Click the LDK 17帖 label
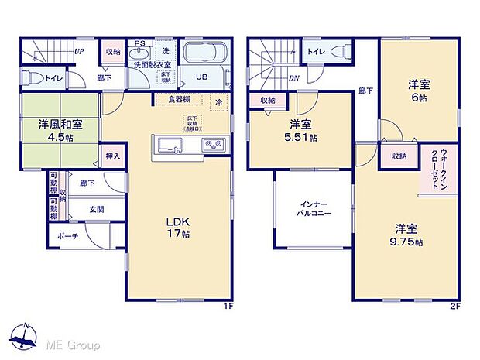(x=176, y=225)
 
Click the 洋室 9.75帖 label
(x=408, y=235)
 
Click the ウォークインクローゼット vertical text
(x=431, y=168)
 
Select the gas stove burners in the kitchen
(x=212, y=146)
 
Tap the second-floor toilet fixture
(x=339, y=51)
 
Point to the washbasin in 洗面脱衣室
(x=139, y=52)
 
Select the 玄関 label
(x=95, y=209)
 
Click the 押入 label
(x=113, y=156)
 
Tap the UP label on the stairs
(x=79, y=52)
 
